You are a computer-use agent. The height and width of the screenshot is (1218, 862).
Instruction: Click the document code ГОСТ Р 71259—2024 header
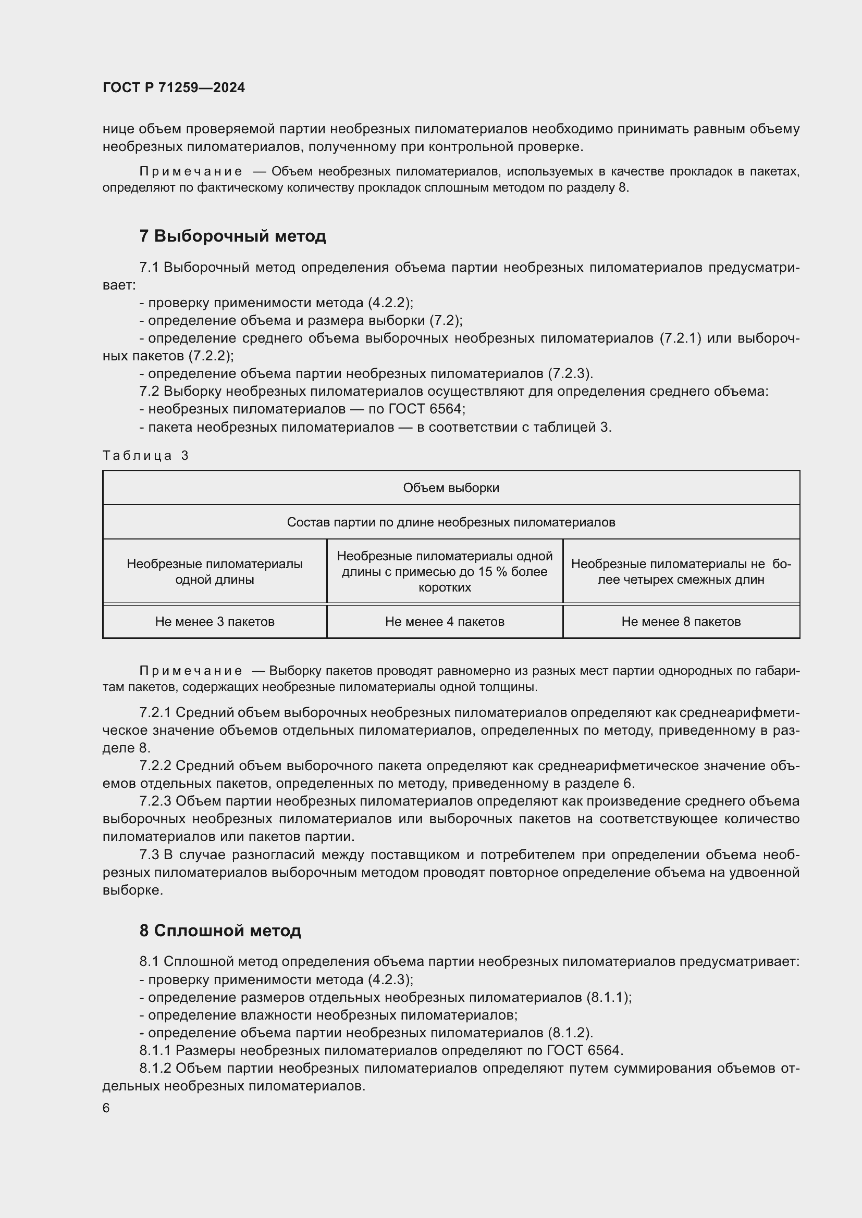click(x=174, y=87)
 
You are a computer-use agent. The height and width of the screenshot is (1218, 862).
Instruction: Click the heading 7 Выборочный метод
click(x=232, y=236)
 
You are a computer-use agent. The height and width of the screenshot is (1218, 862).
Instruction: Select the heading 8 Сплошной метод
click(x=220, y=931)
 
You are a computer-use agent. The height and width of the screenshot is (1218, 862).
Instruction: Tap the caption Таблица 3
click(x=145, y=456)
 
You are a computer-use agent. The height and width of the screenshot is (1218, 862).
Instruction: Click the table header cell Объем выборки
click(x=451, y=488)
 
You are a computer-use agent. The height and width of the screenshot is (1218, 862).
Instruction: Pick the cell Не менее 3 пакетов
click(x=214, y=621)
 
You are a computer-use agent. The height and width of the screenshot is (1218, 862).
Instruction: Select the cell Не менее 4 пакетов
click(x=444, y=621)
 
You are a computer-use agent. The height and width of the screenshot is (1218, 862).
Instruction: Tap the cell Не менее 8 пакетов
click(x=681, y=621)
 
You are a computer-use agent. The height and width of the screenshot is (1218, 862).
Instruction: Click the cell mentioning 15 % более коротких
click(x=444, y=572)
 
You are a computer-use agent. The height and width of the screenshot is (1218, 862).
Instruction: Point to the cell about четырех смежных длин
click(x=681, y=572)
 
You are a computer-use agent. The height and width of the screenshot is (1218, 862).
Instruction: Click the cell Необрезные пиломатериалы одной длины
click(x=214, y=572)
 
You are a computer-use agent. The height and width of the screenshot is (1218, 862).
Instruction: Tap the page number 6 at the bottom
click(x=106, y=1108)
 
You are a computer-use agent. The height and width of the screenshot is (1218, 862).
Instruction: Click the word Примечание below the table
click(x=191, y=671)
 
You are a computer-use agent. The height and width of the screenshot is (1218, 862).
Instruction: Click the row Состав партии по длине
click(x=451, y=522)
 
